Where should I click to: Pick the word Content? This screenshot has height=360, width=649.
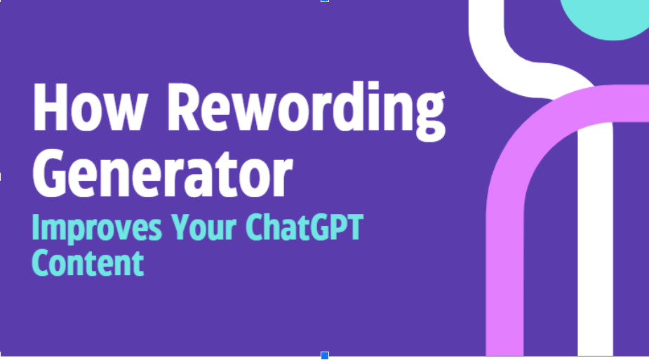pyautogui.click(x=87, y=262)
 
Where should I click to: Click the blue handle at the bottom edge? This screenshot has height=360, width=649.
pyautogui.click(x=325, y=356)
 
